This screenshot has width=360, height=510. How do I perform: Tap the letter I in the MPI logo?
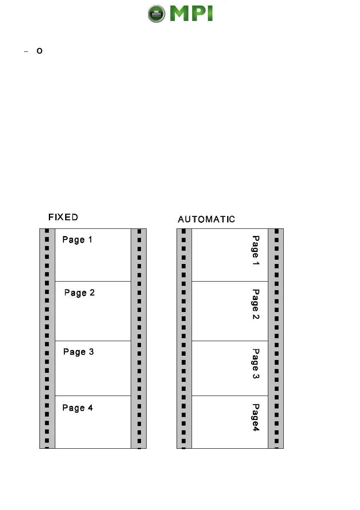point(209,14)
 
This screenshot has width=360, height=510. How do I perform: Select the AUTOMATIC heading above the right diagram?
point(206,219)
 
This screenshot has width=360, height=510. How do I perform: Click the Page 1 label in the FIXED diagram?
point(77,240)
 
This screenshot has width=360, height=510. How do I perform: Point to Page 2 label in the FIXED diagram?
point(79,293)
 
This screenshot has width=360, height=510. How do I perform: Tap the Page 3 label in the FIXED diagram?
point(78,352)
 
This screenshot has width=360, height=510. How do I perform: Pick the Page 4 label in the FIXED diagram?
point(78,408)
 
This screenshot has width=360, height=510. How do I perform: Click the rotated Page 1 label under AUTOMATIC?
point(255,250)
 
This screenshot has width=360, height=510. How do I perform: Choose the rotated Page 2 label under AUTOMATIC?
point(255,304)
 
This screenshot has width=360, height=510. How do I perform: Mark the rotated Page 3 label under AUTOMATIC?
point(255,364)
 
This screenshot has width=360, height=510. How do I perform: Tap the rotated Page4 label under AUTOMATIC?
point(256,417)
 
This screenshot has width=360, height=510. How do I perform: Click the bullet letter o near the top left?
point(39,51)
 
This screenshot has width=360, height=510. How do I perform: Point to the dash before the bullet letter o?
point(26,52)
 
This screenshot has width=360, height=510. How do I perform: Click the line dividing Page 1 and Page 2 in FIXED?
point(93,282)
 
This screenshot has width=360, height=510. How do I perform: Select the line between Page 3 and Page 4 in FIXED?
point(93,396)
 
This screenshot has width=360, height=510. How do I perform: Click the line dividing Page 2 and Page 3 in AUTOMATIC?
point(230,341)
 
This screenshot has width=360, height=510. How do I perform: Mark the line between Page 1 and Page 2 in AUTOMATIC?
point(230,282)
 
